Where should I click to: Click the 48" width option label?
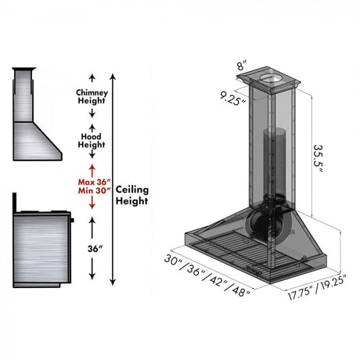tap(240, 290)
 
